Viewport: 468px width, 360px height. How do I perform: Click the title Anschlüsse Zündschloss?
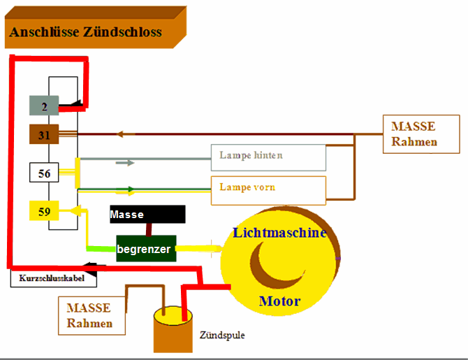(85, 32)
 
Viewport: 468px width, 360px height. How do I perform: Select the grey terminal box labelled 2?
(43, 106)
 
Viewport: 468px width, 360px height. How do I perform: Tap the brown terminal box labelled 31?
(43, 134)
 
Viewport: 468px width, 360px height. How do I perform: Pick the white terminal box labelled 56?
(44, 173)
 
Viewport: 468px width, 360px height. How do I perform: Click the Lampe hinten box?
(268, 157)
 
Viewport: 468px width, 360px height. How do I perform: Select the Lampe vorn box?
(268, 189)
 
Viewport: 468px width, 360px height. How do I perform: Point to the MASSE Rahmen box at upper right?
(421, 134)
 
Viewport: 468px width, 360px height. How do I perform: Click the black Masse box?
(147, 215)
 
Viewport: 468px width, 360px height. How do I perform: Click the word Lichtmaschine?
(279, 233)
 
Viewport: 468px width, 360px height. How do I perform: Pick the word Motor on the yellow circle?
(279, 302)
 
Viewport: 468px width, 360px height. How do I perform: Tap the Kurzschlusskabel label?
(53, 278)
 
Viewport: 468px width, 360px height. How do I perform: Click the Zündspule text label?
(222, 335)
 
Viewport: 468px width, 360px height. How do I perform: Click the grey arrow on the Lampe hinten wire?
(125, 162)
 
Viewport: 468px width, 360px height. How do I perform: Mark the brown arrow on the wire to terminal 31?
(125, 134)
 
